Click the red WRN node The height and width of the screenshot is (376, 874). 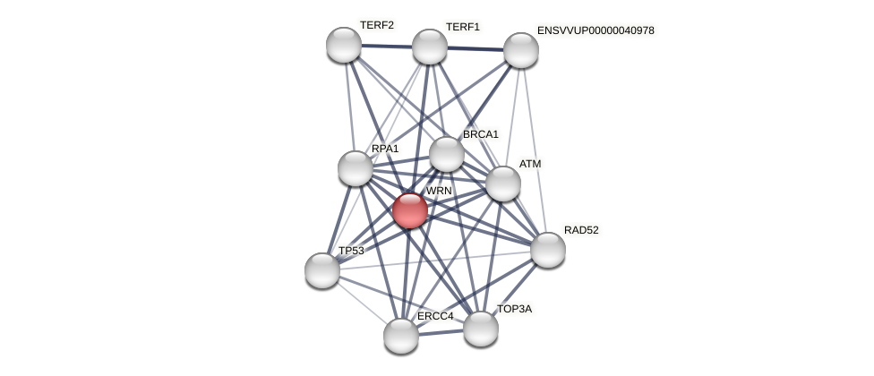click(410, 210)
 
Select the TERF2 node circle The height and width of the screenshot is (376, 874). click(344, 45)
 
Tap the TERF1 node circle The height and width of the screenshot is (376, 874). click(430, 47)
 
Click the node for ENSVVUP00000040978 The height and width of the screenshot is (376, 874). click(521, 50)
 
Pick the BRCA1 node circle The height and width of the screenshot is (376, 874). click(447, 154)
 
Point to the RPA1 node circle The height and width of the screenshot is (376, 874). click(356, 168)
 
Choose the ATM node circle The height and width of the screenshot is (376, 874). click(503, 184)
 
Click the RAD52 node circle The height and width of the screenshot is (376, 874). click(548, 250)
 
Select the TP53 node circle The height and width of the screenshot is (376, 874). click(322, 270)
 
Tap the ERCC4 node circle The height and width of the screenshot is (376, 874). click(401, 336)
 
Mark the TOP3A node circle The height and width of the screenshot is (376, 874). click(481, 329)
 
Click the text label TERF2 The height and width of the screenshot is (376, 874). click(377, 25)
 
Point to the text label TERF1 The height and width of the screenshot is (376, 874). click(463, 27)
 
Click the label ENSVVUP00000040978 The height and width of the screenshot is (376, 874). click(596, 30)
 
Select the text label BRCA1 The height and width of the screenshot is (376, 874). click(481, 134)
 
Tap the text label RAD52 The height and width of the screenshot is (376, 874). click(581, 230)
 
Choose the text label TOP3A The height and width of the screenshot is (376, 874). click(514, 309)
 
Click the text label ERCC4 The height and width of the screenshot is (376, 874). click(435, 316)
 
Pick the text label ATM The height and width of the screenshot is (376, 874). click(530, 164)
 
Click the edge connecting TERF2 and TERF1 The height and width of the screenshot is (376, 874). click(387, 46)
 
